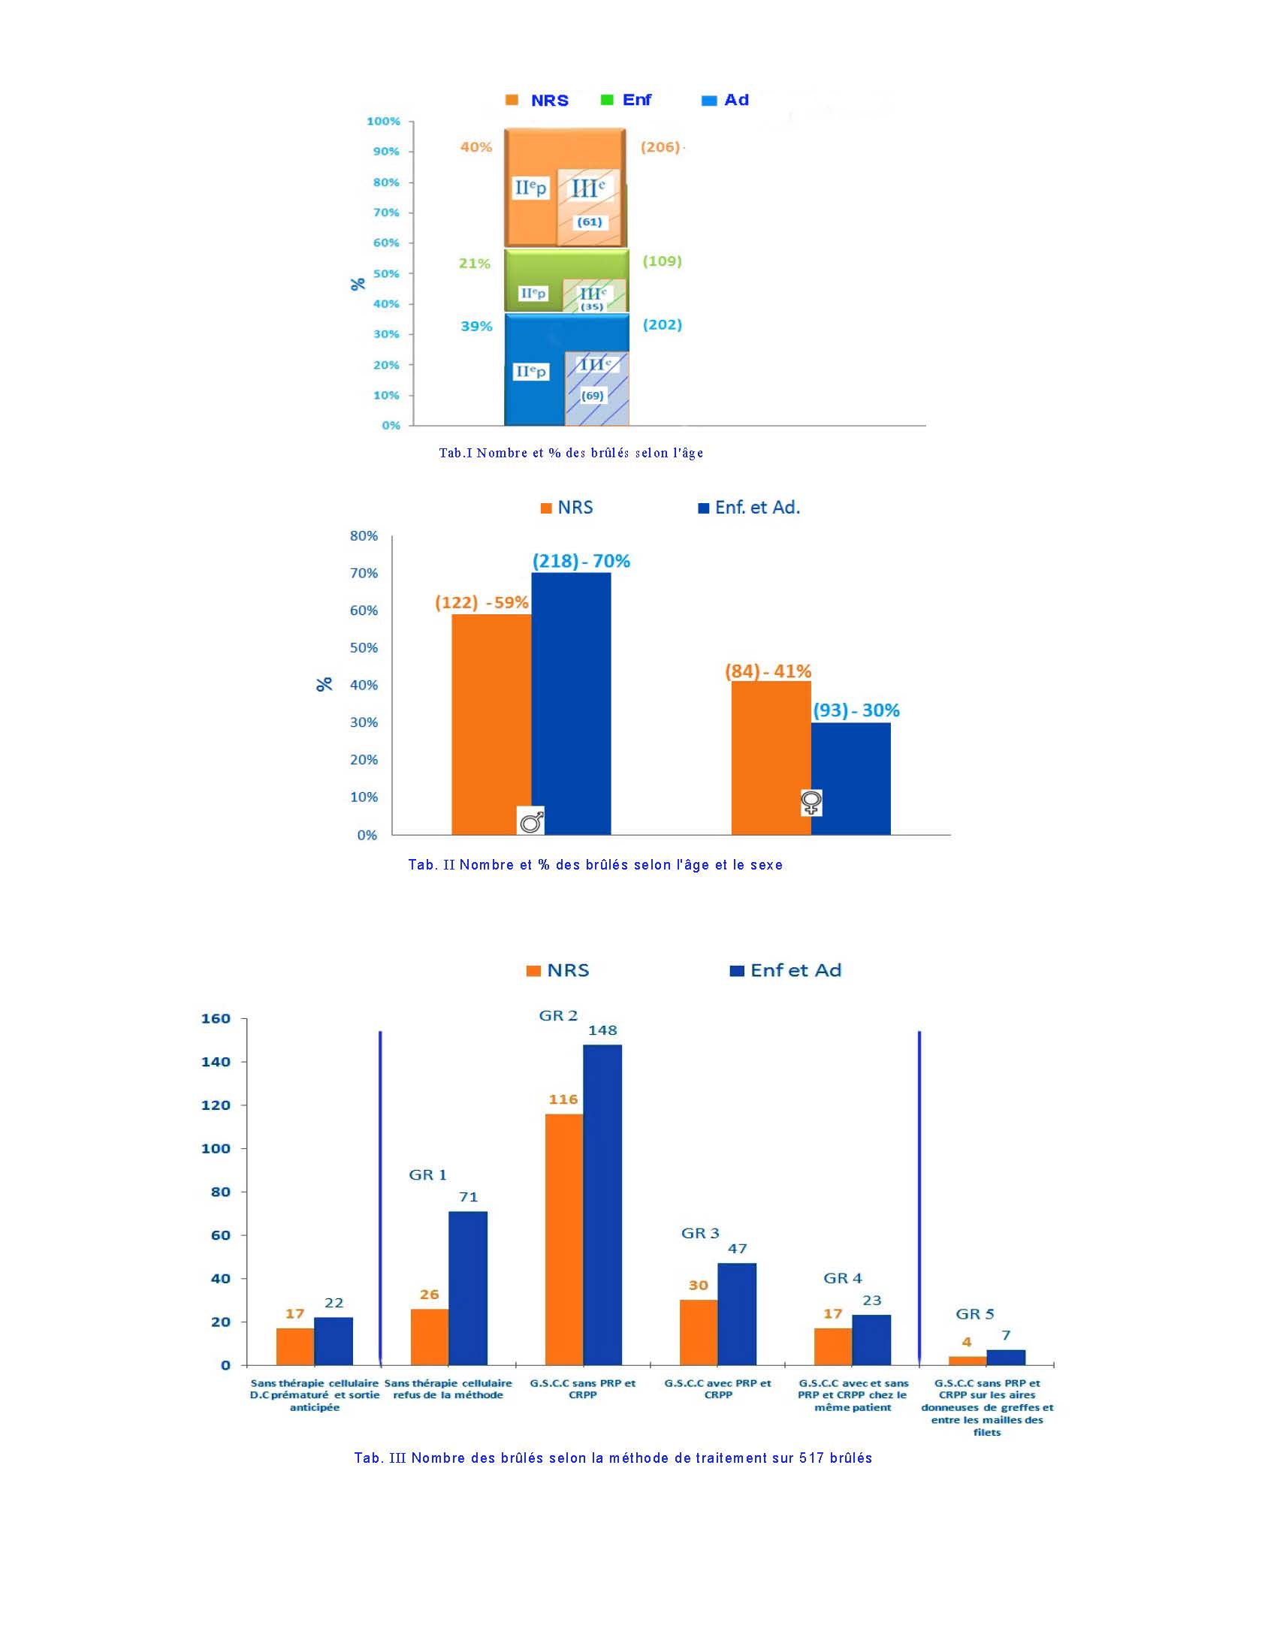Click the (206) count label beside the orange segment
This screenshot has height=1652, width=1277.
point(660,146)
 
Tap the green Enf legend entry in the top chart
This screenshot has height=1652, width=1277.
point(626,100)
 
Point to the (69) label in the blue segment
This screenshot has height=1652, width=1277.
point(593,396)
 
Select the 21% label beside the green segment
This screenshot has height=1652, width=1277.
point(474,264)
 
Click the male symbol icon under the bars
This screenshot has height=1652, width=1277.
point(531,821)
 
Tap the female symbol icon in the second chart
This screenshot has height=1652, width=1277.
point(811,803)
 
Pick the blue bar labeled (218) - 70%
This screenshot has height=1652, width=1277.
point(571,704)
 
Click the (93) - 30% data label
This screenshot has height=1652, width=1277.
point(856,710)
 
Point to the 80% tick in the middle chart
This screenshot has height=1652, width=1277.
point(364,535)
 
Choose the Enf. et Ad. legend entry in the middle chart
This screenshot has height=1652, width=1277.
point(749,508)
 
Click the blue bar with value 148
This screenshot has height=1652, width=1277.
point(602,1205)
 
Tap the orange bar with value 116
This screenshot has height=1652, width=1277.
point(563,1240)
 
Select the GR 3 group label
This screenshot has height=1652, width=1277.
point(700,1233)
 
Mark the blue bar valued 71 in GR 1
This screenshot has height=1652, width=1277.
point(467,1288)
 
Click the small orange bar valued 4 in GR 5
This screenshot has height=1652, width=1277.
point(967,1361)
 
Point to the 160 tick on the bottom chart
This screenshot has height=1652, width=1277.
point(216,1019)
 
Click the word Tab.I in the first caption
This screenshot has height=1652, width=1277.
point(455,453)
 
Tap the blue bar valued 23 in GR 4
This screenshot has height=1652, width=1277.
point(871,1340)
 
